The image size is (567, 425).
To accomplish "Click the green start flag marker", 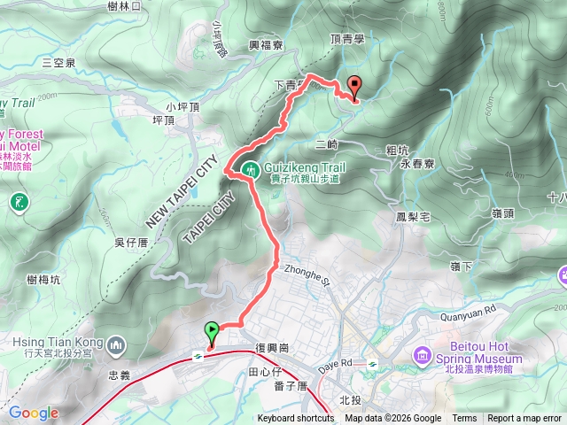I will pos(212,332).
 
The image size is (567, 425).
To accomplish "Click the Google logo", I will pos(34,413).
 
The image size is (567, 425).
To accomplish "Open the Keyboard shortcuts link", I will pos(296,419).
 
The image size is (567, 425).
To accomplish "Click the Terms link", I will pos(464,419).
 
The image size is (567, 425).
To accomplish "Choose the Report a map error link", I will pos(524,419).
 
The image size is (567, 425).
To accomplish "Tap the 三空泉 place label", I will pos(58,63).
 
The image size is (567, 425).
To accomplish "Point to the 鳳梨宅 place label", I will pos(413,216).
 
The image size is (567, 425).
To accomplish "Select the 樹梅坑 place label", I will pos(43,280).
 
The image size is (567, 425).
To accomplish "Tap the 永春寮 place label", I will pos(416,164).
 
